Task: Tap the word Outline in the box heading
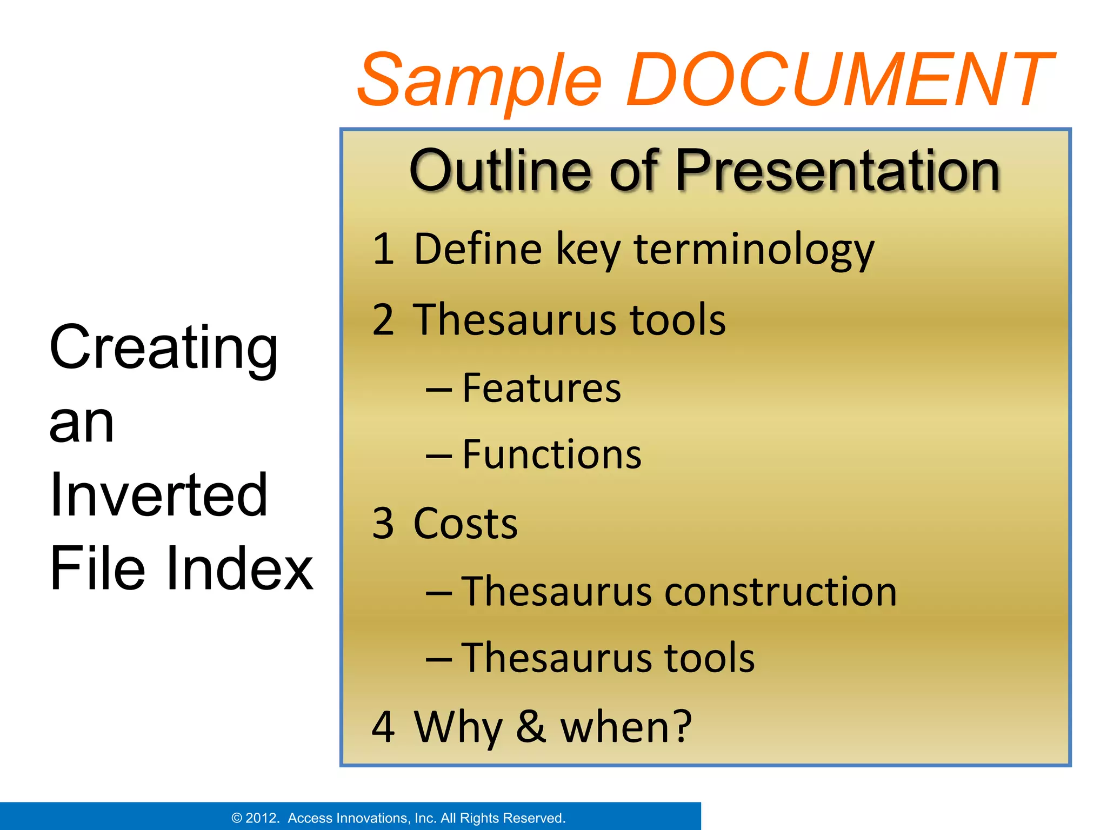tap(501, 171)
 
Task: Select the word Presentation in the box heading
tap(837, 171)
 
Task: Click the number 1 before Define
tap(383, 249)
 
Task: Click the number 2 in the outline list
tap(383, 320)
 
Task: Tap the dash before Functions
tap(439, 456)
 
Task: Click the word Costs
tap(465, 524)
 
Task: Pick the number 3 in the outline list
tap(383, 524)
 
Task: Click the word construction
tap(781, 592)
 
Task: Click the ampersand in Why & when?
tap(530, 727)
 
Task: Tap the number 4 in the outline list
tap(383, 727)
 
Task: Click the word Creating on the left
tap(163, 349)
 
